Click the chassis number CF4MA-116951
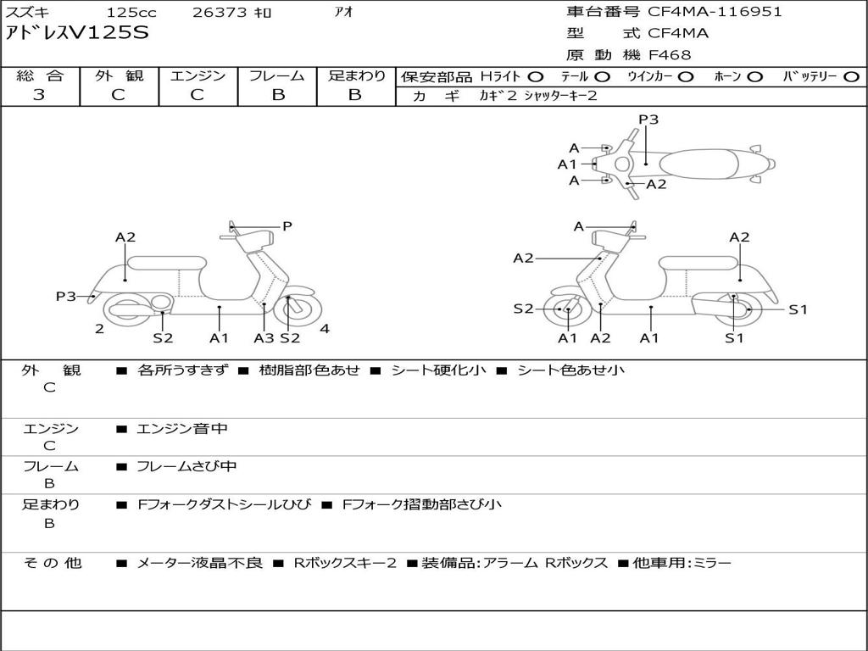(715, 12)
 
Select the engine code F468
(670, 55)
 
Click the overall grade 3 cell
(39, 95)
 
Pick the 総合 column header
(40, 75)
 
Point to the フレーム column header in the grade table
(277, 75)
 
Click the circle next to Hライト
(536, 76)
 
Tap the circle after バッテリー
(850, 76)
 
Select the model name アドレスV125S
(77, 34)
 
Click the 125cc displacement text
(131, 13)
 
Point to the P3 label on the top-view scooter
(648, 120)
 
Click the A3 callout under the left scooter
(264, 337)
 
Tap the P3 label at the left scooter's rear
(66, 296)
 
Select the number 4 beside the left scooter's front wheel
(325, 329)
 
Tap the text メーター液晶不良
(199, 563)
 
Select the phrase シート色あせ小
(570, 370)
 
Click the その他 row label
(53, 563)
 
